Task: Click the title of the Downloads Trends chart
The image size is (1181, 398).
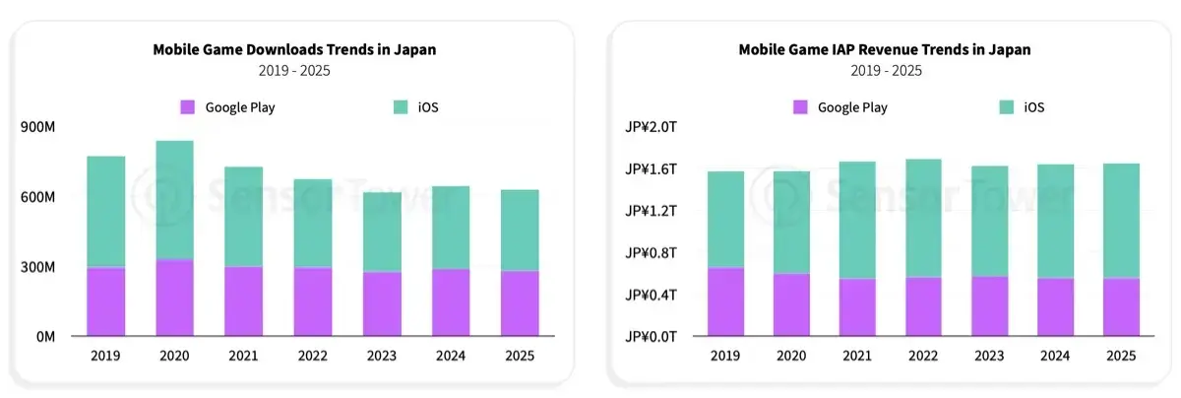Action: click(x=294, y=49)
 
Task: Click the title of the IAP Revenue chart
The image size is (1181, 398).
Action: click(x=885, y=49)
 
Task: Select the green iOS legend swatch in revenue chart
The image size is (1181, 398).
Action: click(x=1008, y=107)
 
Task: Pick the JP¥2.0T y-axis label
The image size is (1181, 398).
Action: click(x=651, y=127)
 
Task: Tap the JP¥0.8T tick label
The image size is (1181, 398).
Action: click(x=651, y=253)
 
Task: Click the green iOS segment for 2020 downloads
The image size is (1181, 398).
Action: click(x=174, y=200)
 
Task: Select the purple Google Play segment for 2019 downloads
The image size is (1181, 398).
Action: click(x=105, y=301)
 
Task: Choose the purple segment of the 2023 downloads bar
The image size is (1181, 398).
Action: click(x=381, y=303)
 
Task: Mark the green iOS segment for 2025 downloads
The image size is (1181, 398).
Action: click(x=519, y=231)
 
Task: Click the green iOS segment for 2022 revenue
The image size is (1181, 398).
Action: click(x=924, y=218)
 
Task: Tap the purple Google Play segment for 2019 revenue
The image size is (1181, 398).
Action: click(x=725, y=301)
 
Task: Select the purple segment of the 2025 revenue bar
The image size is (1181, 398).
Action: click(x=1121, y=307)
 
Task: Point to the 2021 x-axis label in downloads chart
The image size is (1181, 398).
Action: click(x=243, y=356)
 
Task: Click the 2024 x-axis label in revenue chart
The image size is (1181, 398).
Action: click(x=1055, y=356)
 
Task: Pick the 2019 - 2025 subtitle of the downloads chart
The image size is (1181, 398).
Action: click(x=294, y=71)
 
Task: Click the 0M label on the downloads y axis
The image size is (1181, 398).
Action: click(x=43, y=337)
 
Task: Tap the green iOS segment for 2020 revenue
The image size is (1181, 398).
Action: click(x=791, y=223)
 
